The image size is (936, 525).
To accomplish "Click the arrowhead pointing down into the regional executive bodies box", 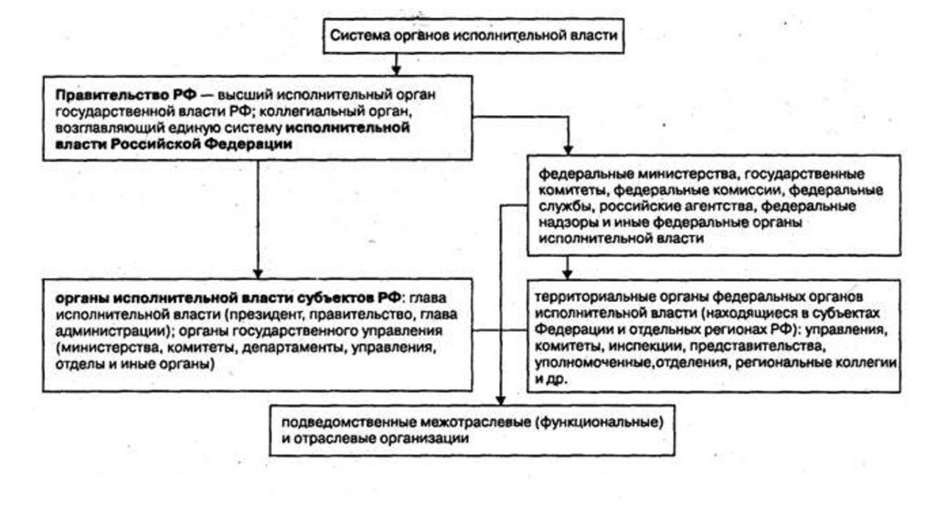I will pos(259,272).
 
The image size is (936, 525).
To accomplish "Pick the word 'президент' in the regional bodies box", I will pos(262,314).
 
